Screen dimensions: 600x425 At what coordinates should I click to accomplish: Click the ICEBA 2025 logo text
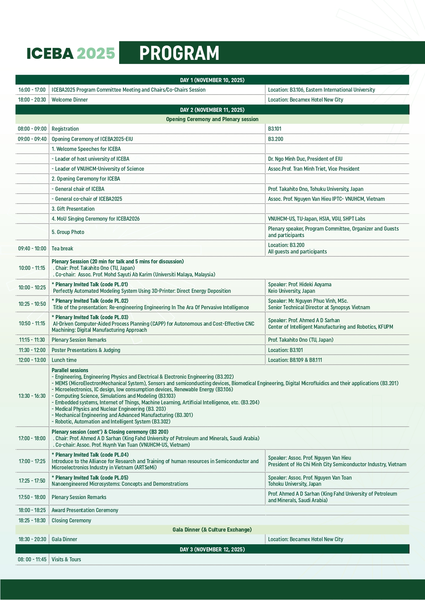tap(71, 53)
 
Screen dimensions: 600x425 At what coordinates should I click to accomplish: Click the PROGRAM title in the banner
tap(179, 53)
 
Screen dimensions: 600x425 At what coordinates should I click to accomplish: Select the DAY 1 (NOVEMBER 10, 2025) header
tap(212, 80)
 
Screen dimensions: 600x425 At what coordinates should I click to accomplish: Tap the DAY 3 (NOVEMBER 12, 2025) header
tap(212, 549)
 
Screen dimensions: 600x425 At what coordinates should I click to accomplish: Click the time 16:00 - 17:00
tap(32, 90)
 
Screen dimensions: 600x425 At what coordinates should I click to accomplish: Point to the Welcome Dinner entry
tap(70, 100)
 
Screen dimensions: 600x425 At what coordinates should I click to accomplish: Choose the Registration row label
tap(65, 129)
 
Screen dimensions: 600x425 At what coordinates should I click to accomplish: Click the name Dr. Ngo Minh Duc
tap(286, 159)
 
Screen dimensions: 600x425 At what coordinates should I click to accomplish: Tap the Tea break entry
tap(62, 248)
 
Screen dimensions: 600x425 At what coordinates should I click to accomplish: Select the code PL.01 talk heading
tap(90, 284)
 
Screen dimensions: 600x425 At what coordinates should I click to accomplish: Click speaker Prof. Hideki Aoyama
tap(300, 284)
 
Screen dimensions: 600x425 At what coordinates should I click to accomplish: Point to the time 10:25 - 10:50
tap(32, 304)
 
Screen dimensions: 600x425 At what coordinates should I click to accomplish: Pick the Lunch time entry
tap(64, 360)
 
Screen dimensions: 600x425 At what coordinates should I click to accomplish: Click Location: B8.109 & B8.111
tap(295, 360)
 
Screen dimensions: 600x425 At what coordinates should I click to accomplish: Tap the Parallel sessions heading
tap(70, 370)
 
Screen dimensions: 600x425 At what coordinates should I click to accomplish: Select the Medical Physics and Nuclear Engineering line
tap(109, 409)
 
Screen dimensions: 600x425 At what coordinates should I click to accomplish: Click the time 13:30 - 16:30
tap(32, 396)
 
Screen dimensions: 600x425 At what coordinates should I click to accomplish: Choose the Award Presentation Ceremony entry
tap(85, 510)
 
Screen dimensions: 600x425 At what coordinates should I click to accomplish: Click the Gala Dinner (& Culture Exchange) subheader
tap(212, 530)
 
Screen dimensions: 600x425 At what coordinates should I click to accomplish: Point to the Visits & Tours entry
tap(66, 559)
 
